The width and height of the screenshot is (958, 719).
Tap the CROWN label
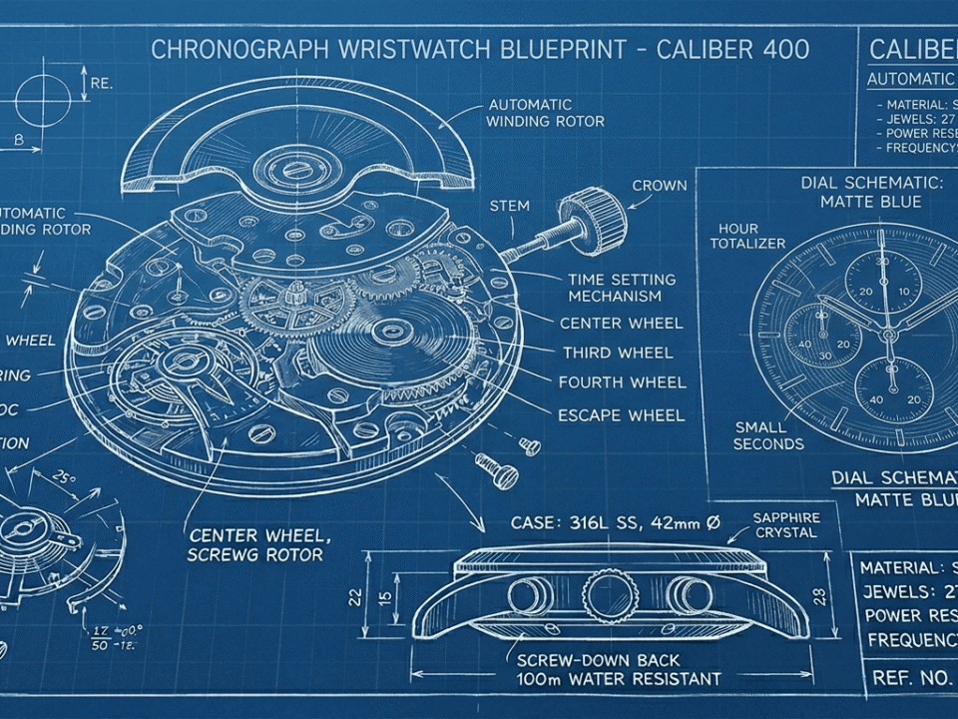660,185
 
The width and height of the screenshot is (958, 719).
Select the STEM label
509,206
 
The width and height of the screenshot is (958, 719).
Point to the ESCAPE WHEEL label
621,414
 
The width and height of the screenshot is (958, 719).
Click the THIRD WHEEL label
617,353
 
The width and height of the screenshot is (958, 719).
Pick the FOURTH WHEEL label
621,382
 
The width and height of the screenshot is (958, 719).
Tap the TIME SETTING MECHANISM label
622,288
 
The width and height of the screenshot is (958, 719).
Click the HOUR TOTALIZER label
747,236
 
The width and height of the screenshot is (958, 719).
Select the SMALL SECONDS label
768,435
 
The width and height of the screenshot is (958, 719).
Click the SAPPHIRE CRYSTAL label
786,524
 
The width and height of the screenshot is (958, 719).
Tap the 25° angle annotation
64,479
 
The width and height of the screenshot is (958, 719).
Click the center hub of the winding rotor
296,166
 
